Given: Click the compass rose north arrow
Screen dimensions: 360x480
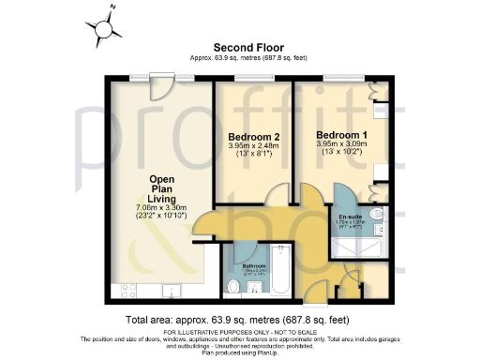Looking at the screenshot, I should point(103,25).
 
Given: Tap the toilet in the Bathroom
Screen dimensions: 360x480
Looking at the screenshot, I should point(233,285).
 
